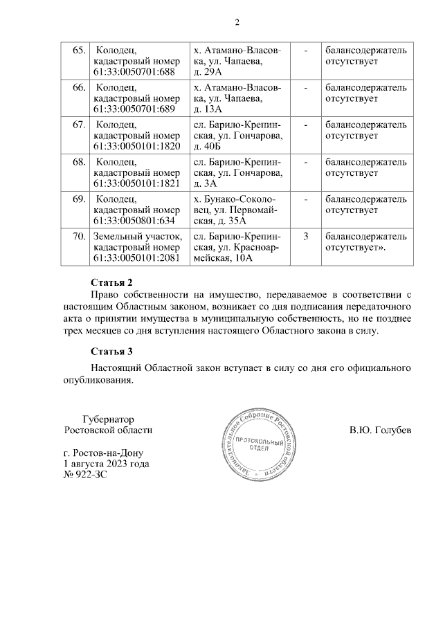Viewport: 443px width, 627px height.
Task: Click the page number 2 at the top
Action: (237, 22)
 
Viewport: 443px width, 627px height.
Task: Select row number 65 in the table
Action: (78, 51)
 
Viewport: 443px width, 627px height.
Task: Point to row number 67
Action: (78, 125)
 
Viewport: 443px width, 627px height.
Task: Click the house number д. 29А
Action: (208, 73)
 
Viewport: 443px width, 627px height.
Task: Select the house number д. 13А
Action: (208, 110)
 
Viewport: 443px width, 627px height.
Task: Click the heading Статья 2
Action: (111, 283)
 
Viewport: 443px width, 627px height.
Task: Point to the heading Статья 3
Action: (111, 352)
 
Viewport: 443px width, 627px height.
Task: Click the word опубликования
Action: (96, 380)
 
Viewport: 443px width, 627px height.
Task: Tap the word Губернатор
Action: (107, 419)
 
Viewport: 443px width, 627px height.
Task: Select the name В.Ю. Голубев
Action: (381, 430)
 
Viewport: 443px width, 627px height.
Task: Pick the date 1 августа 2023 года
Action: (106, 464)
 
